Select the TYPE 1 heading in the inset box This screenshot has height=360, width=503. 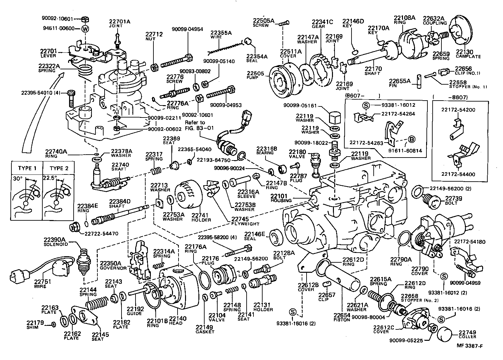27,168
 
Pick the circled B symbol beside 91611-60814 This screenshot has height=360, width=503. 411,140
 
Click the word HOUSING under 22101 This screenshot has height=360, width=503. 281,201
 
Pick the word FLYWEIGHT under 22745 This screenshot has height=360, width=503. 246,224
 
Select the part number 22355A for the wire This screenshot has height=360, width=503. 221,33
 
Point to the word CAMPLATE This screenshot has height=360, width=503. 468,56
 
